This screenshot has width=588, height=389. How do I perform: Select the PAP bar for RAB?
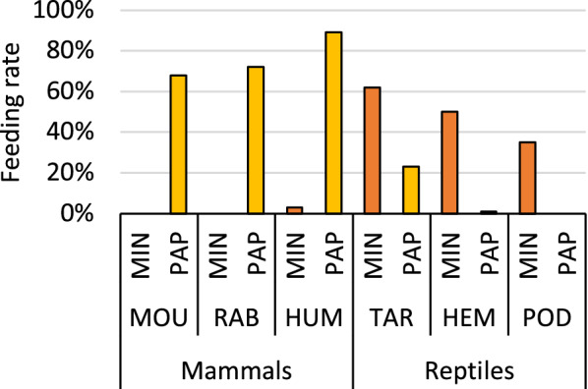pos(256,140)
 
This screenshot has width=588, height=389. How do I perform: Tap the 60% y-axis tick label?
pos(83,91)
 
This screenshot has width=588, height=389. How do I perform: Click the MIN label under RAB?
pos(217,261)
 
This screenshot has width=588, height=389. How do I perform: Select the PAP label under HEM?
pos(489,261)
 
